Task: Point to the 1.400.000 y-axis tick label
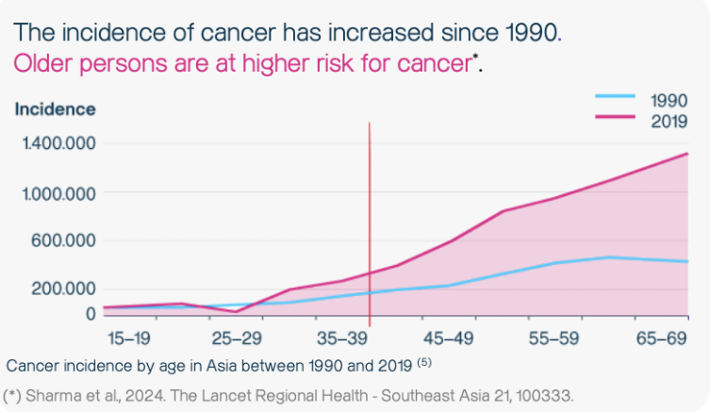click(59, 144)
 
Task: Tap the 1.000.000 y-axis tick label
click(59, 193)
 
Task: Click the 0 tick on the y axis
click(91, 313)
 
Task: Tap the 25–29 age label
click(237, 338)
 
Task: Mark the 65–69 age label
click(662, 338)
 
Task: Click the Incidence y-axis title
click(55, 109)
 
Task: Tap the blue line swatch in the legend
click(615, 97)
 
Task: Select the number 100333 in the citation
click(541, 395)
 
